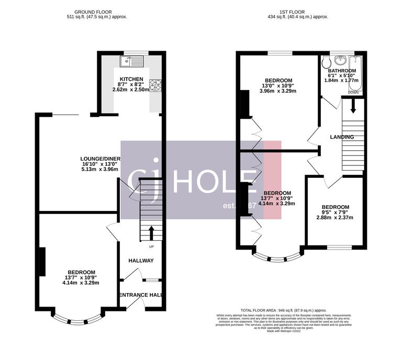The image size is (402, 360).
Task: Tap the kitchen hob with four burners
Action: [156, 84]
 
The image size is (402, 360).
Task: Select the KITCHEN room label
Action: [131, 79]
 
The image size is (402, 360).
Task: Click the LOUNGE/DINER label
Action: [100, 159]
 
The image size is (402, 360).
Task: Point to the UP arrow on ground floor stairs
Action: [151, 232]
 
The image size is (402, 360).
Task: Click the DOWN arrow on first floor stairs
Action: [353, 106]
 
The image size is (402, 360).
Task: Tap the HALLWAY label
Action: [141, 260]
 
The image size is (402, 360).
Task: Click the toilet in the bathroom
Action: [327, 62]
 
